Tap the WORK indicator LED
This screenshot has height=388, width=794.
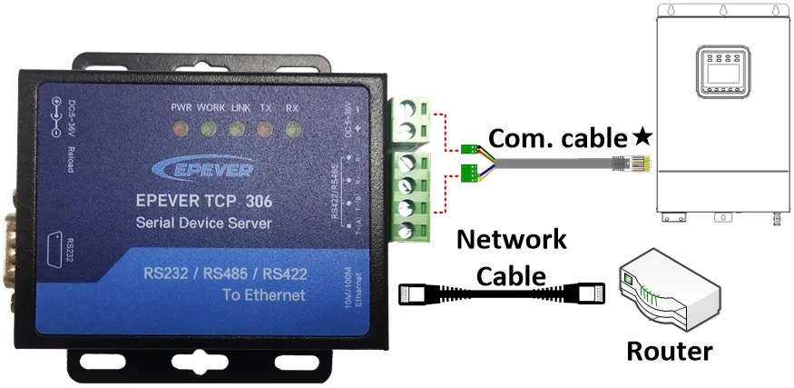[208, 128]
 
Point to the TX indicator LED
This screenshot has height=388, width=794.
[264, 128]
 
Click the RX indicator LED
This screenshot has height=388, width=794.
[292, 128]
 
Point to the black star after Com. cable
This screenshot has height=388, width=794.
[642, 138]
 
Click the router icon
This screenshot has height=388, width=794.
[671, 293]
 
